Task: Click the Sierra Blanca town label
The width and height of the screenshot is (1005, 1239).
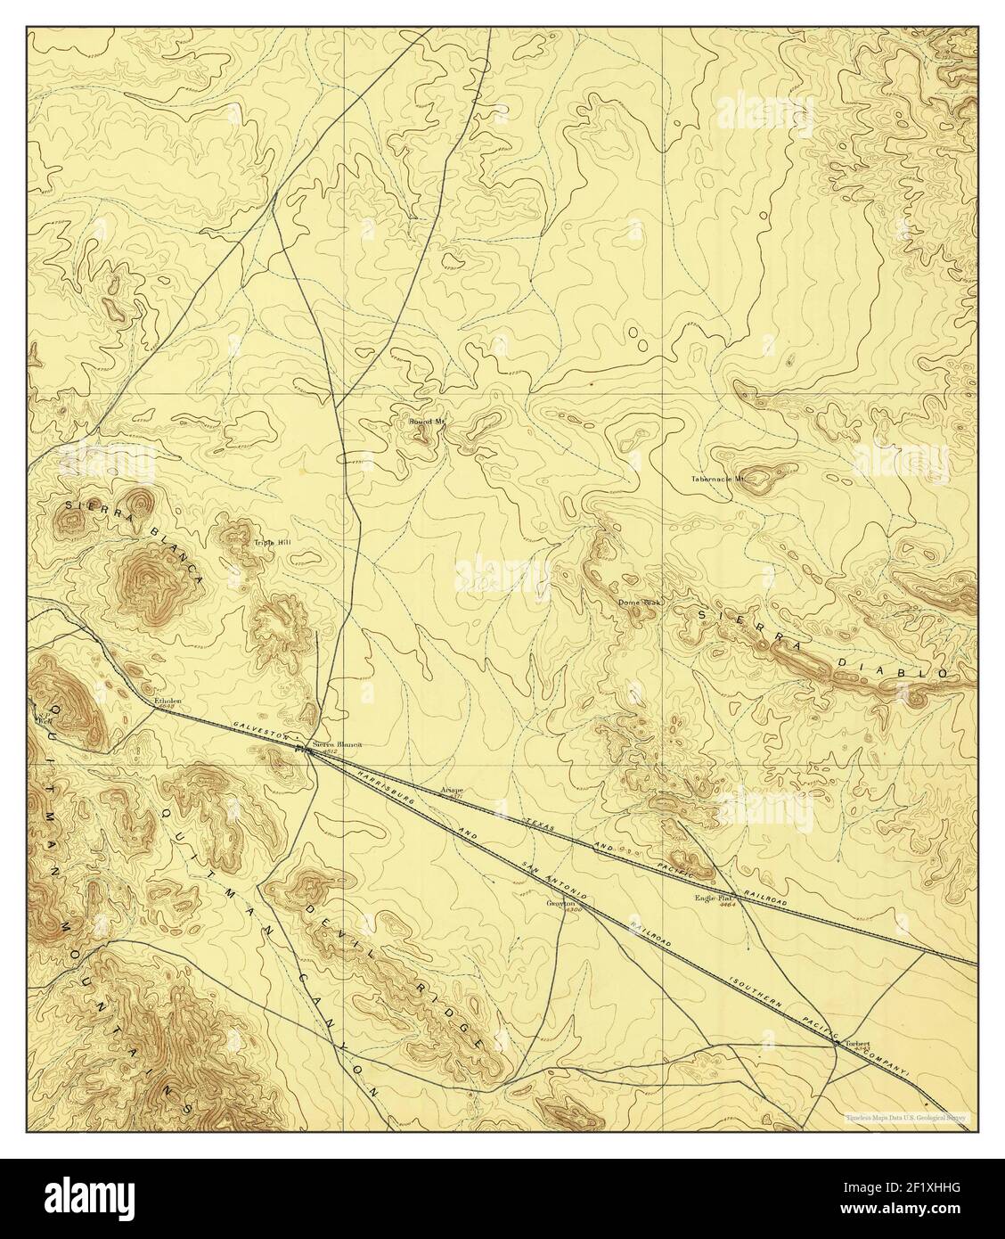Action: point(336,743)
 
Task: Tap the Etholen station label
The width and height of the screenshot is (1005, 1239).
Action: point(167,702)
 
